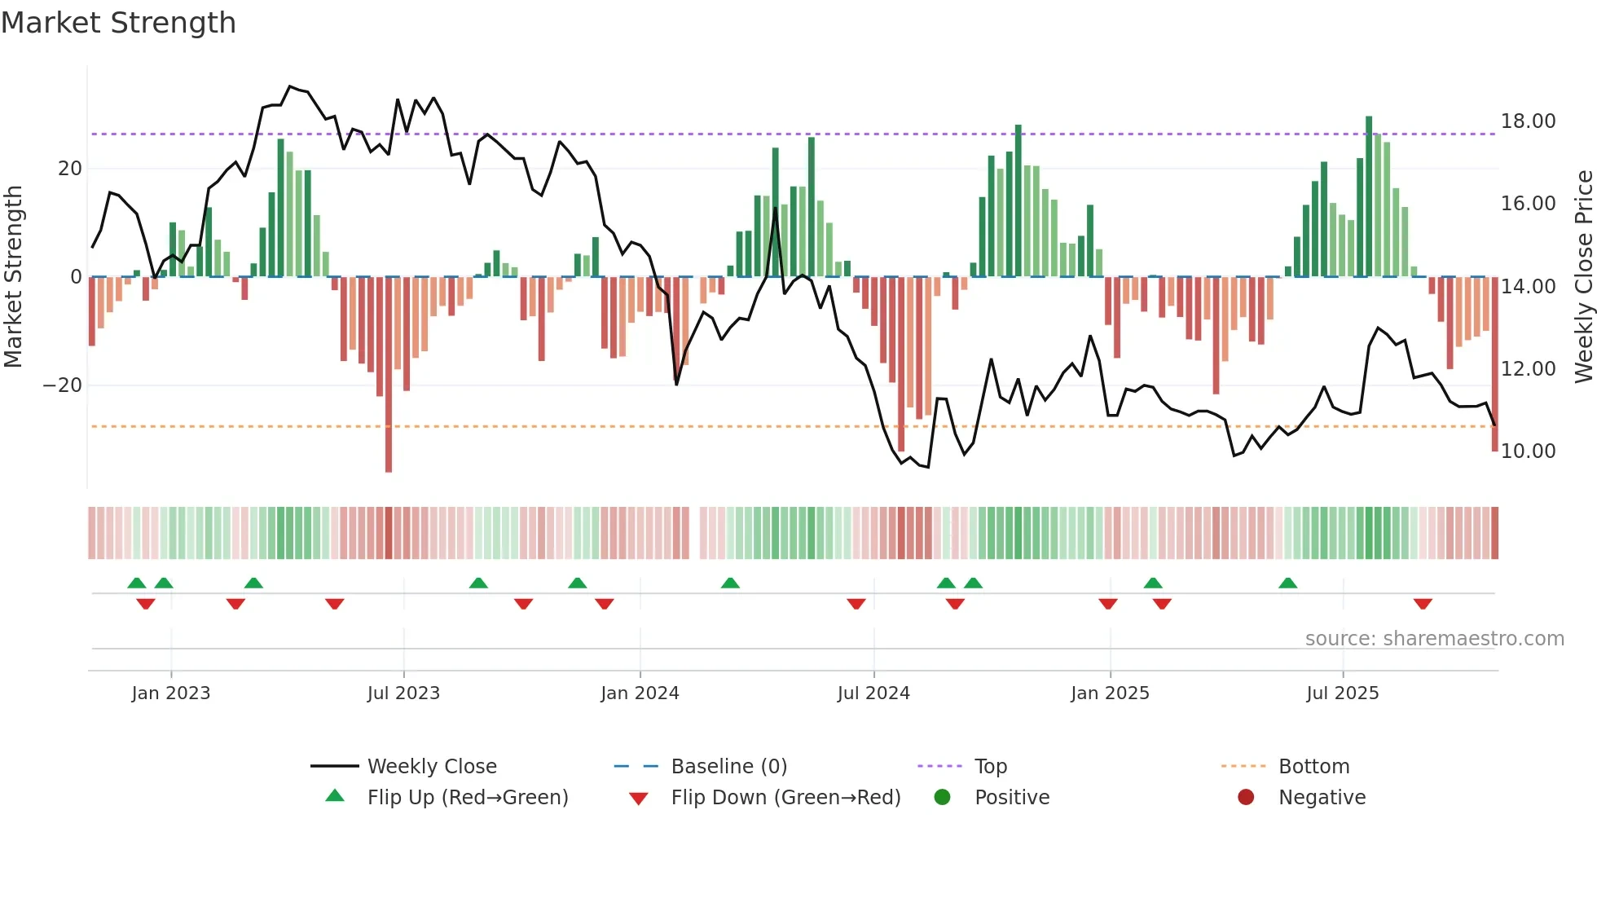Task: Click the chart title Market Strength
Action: tap(118, 23)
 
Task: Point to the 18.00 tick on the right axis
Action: tap(1528, 121)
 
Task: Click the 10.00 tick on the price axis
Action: tap(1528, 451)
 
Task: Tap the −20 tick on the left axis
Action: tap(63, 385)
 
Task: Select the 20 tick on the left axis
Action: tap(70, 169)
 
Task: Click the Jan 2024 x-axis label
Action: tap(640, 693)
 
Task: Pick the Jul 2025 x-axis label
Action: tap(1342, 693)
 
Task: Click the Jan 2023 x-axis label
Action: tap(171, 693)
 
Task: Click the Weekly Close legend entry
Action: tap(432, 767)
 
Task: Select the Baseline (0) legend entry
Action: tap(728, 767)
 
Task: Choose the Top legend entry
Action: tap(991, 767)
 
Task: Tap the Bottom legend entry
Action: tap(1313, 767)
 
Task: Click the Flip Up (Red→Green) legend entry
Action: tap(468, 798)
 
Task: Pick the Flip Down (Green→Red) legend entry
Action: tap(785, 798)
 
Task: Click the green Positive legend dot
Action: tap(943, 798)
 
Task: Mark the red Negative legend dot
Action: tap(1246, 798)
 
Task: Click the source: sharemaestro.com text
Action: tap(1434, 639)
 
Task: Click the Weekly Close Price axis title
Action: tap(1583, 277)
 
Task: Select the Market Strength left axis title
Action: tap(13, 277)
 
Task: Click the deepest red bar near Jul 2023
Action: tap(389, 375)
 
